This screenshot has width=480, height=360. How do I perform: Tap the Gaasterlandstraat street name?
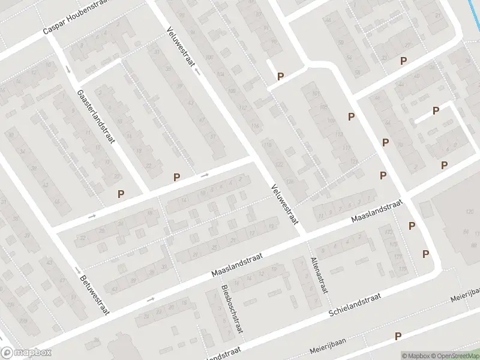[96, 115]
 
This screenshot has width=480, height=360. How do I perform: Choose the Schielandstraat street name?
[355, 305]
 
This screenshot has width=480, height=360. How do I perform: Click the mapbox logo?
[26, 353]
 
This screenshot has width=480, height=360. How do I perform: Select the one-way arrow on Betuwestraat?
[77, 269]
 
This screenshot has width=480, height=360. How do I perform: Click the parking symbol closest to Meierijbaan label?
[397, 337]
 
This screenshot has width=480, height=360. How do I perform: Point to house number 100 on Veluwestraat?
[209, 57]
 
